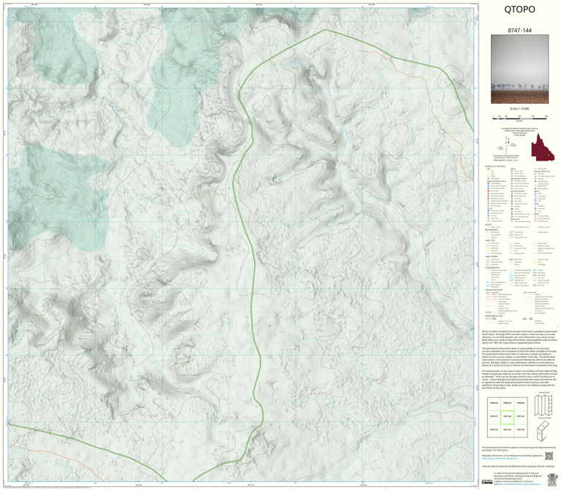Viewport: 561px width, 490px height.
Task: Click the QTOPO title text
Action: [x=519, y=10]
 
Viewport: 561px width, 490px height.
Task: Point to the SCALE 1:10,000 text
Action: [x=519, y=109]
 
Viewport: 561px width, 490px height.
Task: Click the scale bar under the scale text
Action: [x=519, y=115]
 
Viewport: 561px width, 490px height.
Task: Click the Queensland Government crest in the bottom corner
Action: [x=489, y=478]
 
